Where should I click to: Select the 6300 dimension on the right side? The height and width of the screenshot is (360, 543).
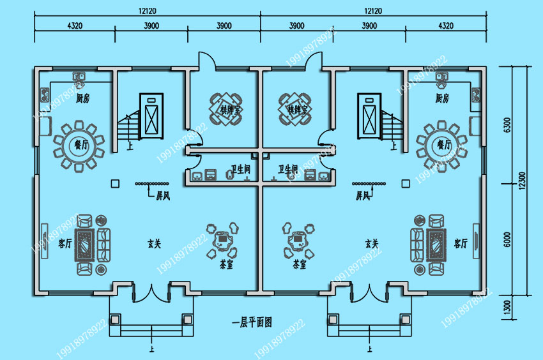507,124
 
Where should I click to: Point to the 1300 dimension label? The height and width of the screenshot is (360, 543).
507,306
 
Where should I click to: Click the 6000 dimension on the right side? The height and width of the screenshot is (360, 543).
507,241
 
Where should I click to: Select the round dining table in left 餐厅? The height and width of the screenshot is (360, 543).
79,145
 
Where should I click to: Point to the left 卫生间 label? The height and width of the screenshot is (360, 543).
241,170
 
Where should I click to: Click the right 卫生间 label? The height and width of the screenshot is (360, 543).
288,170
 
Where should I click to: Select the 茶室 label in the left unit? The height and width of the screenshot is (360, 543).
224,264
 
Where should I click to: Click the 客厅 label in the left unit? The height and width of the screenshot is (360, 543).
65,243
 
